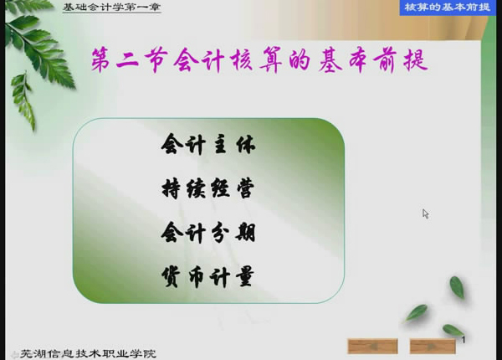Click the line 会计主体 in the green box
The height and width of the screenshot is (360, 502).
(x=208, y=145)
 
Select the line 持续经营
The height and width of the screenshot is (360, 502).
(x=208, y=188)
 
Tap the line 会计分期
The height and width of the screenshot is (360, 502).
(x=208, y=233)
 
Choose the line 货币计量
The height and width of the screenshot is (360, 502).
(x=208, y=276)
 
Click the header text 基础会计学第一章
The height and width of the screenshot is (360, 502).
(x=112, y=7)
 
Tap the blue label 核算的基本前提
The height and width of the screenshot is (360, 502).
(x=448, y=7)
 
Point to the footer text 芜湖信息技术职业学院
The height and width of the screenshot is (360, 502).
(x=88, y=353)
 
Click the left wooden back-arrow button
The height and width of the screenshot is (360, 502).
(x=372, y=347)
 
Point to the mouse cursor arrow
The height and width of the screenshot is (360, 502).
(x=426, y=214)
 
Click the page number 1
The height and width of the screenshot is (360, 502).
(x=464, y=340)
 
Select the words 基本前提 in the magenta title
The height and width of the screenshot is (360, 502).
(x=373, y=60)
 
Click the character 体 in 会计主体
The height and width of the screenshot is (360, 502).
(x=246, y=145)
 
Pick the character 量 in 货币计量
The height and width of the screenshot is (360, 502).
(x=245, y=277)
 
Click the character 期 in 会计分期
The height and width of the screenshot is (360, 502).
(x=245, y=233)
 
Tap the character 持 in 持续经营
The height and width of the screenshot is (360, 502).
(x=171, y=188)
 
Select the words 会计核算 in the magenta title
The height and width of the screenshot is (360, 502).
(x=228, y=60)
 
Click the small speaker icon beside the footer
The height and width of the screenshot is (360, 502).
(x=14, y=354)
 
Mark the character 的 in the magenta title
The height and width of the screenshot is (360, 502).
(x=300, y=60)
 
